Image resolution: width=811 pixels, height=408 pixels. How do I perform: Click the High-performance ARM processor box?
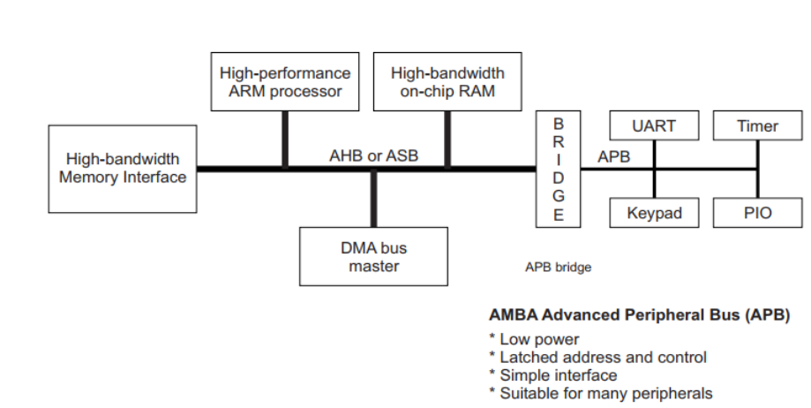(284, 81)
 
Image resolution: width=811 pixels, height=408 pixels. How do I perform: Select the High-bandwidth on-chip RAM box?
(447, 81)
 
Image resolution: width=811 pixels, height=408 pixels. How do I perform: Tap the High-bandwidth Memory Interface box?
(123, 168)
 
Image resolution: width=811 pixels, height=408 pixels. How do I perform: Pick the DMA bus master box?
(373, 256)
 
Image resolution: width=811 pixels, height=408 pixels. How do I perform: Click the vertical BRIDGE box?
(558, 168)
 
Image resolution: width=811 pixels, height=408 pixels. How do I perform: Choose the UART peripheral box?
(654, 126)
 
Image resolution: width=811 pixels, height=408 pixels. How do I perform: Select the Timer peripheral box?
(757, 126)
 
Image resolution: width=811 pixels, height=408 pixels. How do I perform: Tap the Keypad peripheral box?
(654, 213)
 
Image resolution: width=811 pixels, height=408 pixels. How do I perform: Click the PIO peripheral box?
(757, 213)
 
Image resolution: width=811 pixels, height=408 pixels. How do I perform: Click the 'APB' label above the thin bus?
(613, 157)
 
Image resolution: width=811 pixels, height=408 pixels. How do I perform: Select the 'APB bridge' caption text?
(558, 267)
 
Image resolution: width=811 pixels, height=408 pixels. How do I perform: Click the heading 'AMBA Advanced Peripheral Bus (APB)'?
(638, 315)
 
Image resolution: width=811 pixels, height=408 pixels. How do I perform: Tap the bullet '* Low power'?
(534, 339)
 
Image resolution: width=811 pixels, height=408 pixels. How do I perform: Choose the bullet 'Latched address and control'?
(603, 358)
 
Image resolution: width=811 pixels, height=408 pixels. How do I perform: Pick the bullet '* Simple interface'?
(552, 375)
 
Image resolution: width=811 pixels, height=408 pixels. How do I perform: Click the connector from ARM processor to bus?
(285, 139)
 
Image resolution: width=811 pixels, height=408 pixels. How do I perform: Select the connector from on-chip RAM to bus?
(447, 139)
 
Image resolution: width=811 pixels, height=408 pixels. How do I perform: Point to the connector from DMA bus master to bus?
(373, 199)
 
